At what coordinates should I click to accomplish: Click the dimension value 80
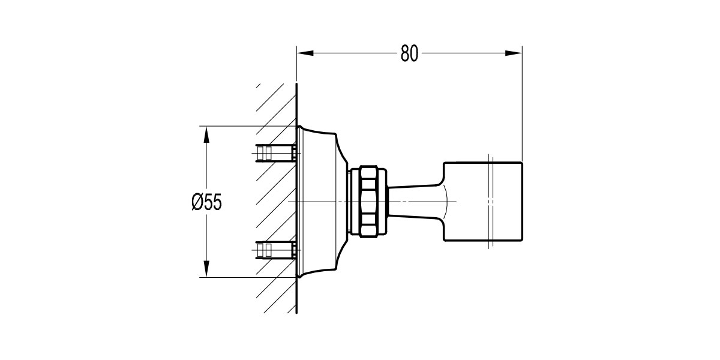click(x=409, y=53)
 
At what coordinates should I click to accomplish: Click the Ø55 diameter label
click(x=206, y=202)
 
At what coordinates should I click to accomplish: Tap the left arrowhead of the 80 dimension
click(x=305, y=53)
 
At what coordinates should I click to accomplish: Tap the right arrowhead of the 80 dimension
click(x=514, y=53)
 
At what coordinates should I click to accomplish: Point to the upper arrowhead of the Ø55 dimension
click(x=206, y=134)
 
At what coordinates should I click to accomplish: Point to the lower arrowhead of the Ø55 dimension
click(x=206, y=269)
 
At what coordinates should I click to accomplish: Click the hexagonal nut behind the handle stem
click(x=368, y=201)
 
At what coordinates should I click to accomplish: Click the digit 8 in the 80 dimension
click(x=404, y=53)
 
